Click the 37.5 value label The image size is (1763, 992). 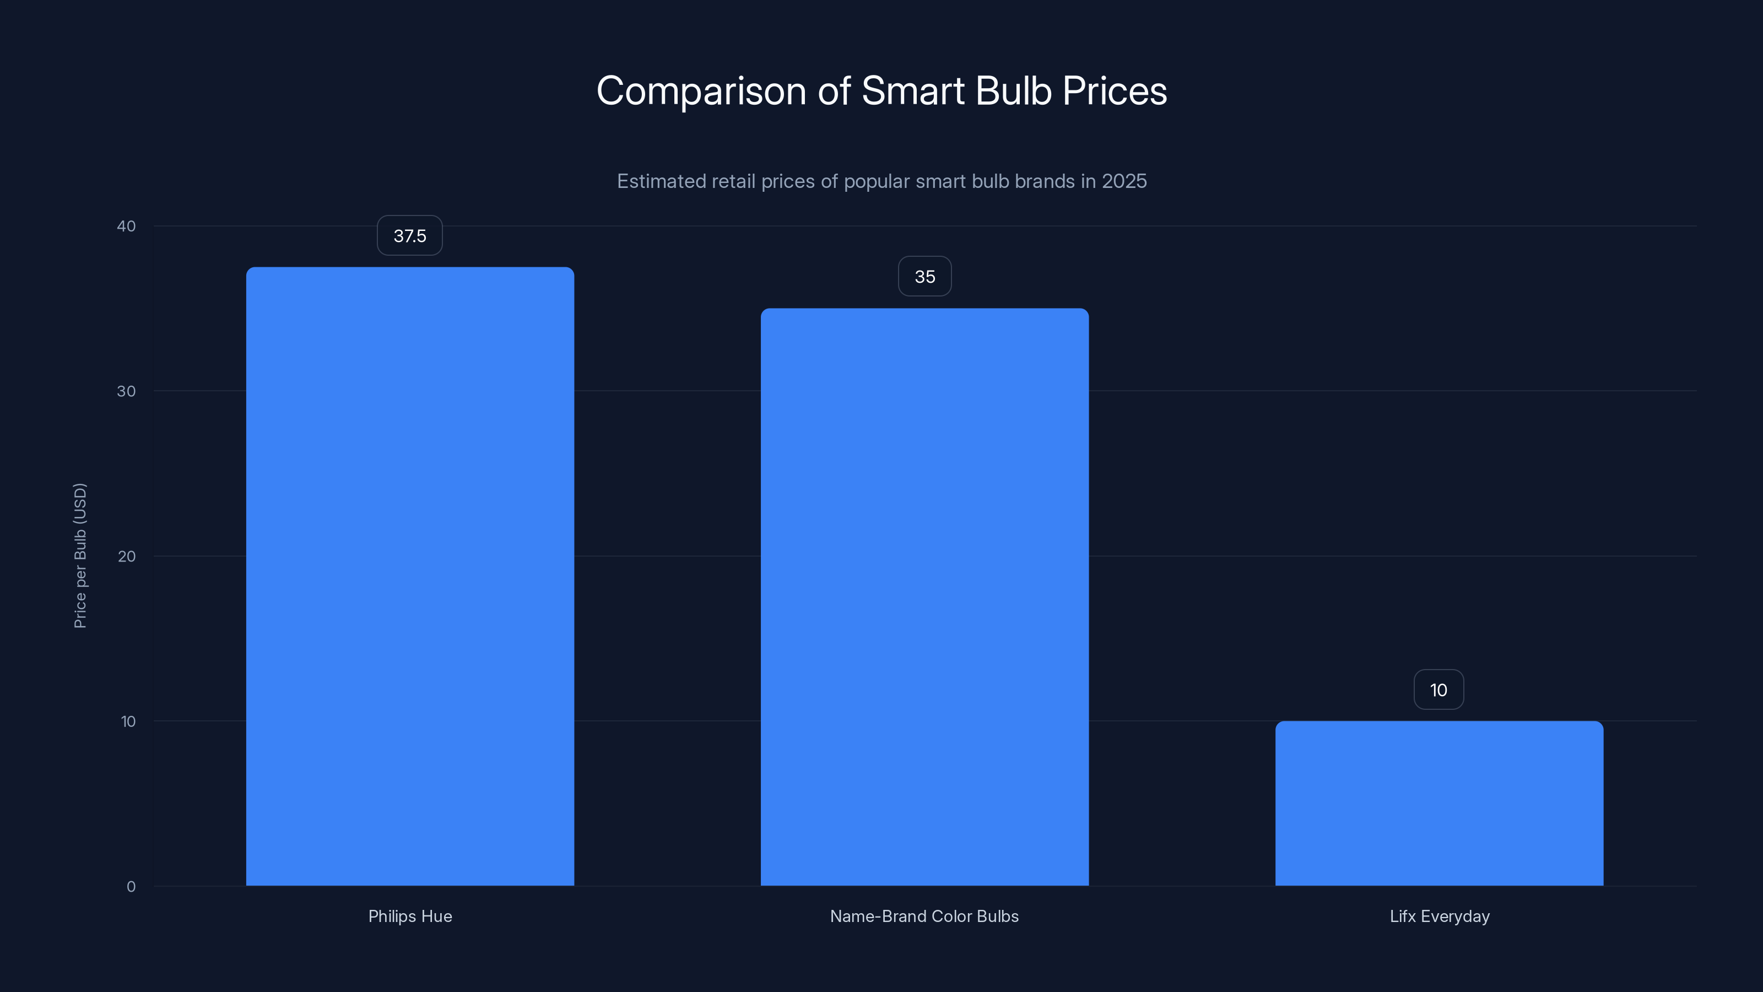(409, 235)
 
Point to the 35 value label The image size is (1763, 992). (924, 277)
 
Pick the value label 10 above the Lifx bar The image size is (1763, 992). (1438, 690)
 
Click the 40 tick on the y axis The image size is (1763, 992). (126, 226)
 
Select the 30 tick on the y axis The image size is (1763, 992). (126, 391)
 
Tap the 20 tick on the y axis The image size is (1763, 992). (126, 556)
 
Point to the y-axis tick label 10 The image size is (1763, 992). (128, 721)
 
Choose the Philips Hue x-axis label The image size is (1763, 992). (410, 916)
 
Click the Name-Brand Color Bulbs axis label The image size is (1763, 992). (924, 916)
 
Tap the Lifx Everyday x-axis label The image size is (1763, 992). (1439, 916)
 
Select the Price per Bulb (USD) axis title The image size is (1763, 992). (80, 555)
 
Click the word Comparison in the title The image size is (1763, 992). (701, 91)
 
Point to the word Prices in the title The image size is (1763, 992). (1114, 91)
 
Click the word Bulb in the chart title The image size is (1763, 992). (1013, 91)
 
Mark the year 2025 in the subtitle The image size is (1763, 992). (1124, 181)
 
